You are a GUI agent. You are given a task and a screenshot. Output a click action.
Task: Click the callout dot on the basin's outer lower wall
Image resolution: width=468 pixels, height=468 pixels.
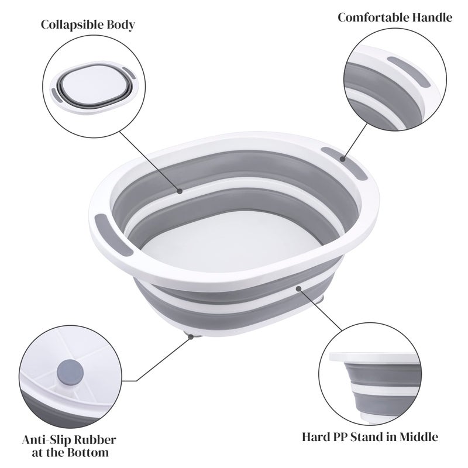[299, 287]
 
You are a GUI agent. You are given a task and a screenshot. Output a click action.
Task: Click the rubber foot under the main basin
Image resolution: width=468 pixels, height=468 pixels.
[191, 335]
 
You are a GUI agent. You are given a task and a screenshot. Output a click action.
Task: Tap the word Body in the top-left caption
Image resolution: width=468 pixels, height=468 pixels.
[121, 25]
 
